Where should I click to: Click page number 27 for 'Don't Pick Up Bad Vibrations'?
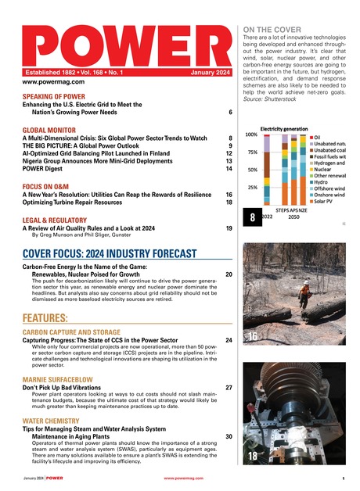(229, 387)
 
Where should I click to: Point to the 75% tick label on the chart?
(253, 152)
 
